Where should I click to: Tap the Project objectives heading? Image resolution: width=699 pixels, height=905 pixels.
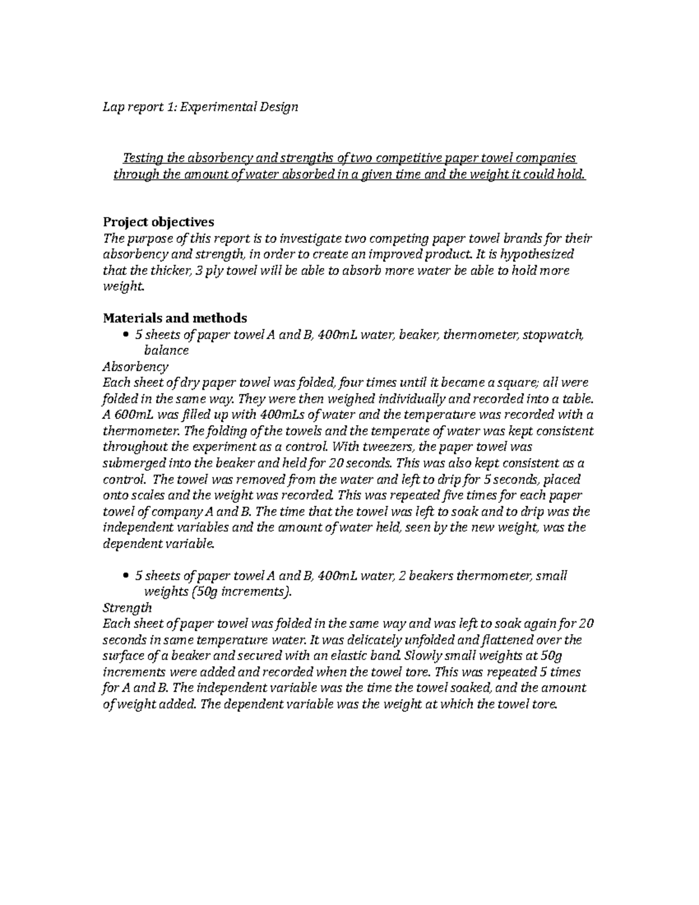(x=158, y=222)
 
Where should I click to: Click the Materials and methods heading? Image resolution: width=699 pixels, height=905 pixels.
(x=175, y=318)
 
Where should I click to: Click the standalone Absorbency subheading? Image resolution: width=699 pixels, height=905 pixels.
(x=135, y=367)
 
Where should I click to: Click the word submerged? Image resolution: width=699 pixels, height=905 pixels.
(x=133, y=464)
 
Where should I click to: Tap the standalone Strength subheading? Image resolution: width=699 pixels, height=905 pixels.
(x=127, y=608)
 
